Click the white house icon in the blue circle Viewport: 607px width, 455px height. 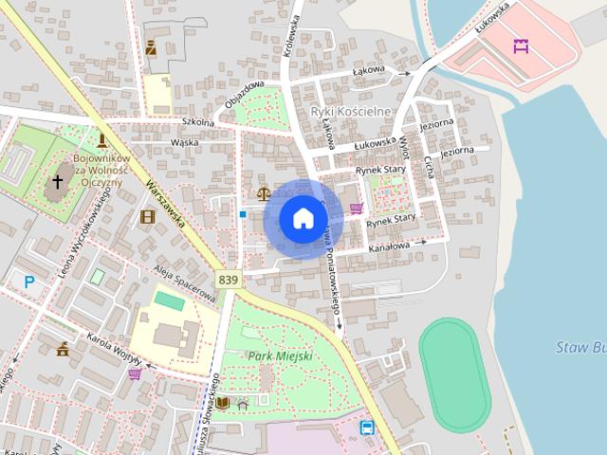pos(303,218)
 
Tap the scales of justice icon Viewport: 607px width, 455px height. pos(261,191)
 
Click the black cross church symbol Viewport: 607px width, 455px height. pos(58,181)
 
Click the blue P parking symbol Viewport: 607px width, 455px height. pos(29,281)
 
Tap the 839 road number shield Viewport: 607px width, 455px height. pos(228,280)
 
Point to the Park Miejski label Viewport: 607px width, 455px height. pos(280,355)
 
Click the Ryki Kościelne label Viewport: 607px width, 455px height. pos(350,112)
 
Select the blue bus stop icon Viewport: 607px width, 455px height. pos(367,427)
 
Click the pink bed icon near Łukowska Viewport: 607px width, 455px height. pos(520,45)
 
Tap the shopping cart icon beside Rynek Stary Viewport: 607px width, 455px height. pos(357,209)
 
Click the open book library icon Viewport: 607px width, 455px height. pos(222,403)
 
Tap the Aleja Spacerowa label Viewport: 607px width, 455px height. pos(184,283)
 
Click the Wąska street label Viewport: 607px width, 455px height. pos(184,143)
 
